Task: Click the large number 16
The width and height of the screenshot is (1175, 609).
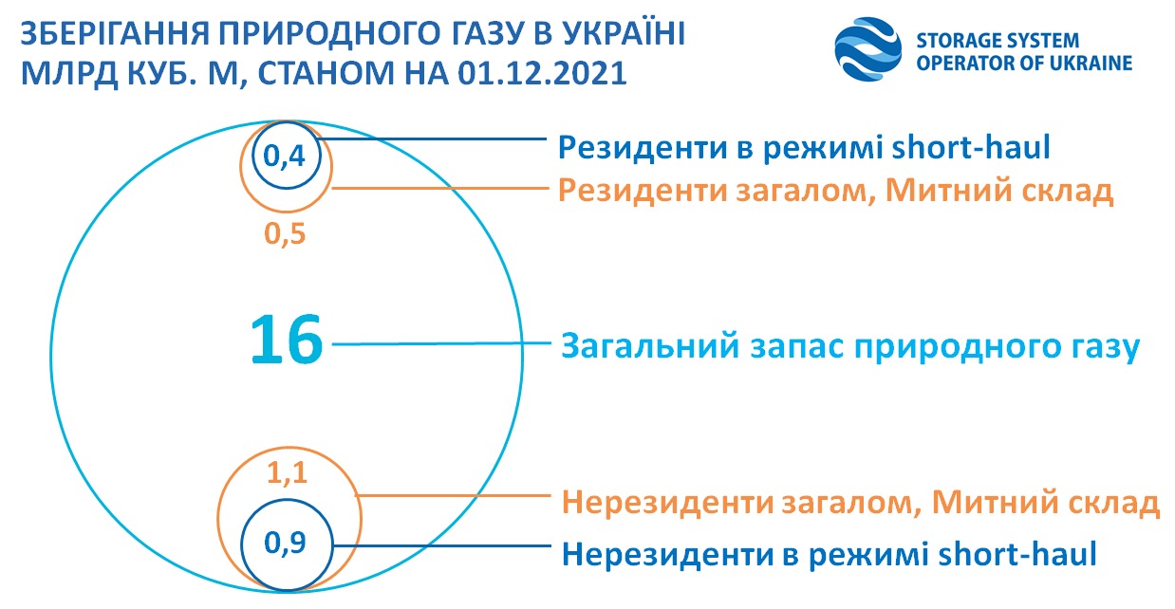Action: coord(287,342)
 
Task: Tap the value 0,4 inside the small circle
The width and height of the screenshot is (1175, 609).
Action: coord(284,157)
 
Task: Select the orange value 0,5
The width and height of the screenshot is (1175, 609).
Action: coord(286,233)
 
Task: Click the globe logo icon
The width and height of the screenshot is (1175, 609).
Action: coord(867,49)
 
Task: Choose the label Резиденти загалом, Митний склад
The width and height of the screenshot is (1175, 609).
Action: coord(835,192)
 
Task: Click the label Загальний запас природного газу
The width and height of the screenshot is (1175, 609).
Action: coord(849,346)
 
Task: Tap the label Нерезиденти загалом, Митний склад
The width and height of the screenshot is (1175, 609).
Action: coord(861,501)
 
